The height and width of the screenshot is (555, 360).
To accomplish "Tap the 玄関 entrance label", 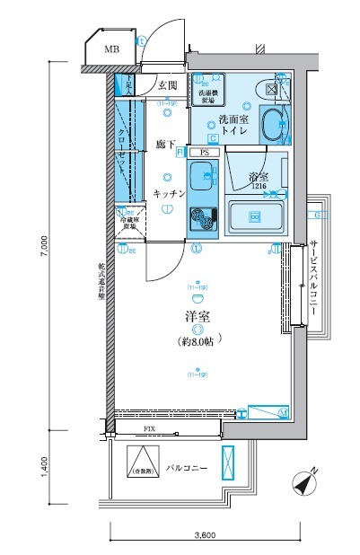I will click(x=169, y=86).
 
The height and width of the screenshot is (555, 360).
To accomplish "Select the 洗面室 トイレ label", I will click(x=235, y=125).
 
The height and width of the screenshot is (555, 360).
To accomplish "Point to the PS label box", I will click(x=205, y=153).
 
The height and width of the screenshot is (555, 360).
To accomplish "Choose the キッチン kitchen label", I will click(x=169, y=194).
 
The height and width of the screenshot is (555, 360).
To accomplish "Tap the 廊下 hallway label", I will click(x=164, y=144).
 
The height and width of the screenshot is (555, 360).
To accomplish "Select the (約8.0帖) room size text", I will click(x=196, y=342).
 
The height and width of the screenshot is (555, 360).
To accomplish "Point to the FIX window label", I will click(x=149, y=430).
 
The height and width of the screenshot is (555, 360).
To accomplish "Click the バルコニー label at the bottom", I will click(x=187, y=470).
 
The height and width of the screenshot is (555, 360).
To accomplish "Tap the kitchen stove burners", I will click(x=202, y=218).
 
